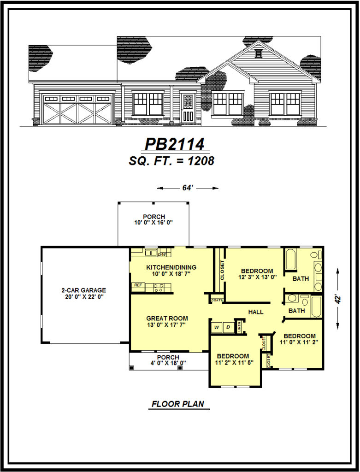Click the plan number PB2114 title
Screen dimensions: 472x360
pyautogui.click(x=175, y=144)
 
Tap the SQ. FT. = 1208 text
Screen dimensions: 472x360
pyautogui.click(x=171, y=161)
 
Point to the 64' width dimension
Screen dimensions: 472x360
pyautogui.click(x=188, y=188)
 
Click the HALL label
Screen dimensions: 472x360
pyautogui.click(x=256, y=312)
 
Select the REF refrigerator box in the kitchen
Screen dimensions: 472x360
pyautogui.click(x=138, y=285)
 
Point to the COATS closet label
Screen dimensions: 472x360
pyautogui.click(x=217, y=300)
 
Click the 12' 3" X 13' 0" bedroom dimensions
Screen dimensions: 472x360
pyautogui.click(x=257, y=277)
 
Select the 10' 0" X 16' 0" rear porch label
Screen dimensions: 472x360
pyautogui.click(x=154, y=222)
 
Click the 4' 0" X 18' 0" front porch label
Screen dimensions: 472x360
pyautogui.click(x=168, y=363)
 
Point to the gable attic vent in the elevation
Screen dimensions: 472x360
pyautogui.click(x=258, y=53)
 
